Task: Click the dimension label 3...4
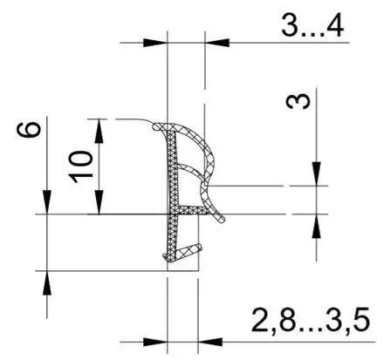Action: pyautogui.click(x=312, y=25)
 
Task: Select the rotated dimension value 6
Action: pyautogui.click(x=28, y=130)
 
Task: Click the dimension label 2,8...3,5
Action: pyautogui.click(x=311, y=320)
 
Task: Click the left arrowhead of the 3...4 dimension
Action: pyautogui.click(x=155, y=43)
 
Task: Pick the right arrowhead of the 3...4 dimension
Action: pyautogui.click(x=217, y=43)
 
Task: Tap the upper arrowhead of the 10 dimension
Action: pyautogui.click(x=99, y=131)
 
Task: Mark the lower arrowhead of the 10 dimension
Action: pyautogui.click(x=99, y=202)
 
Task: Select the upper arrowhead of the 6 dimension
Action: pyautogui.click(x=47, y=202)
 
